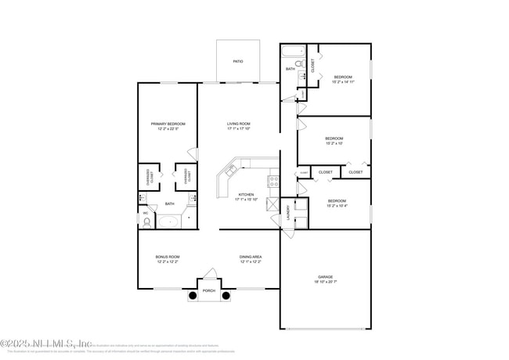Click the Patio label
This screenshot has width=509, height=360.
[x=237, y=61]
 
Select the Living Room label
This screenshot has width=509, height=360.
[x=239, y=124]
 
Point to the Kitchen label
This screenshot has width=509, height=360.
[x=246, y=194]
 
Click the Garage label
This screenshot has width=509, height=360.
[x=325, y=276]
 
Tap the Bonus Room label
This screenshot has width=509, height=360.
[x=168, y=257]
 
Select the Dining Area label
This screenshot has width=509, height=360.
[x=251, y=257]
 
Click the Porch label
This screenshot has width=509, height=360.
[x=209, y=290]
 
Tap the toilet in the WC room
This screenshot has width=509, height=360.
[x=146, y=222]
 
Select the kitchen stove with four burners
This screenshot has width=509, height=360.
[x=273, y=181]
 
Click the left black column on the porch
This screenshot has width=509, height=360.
[x=192, y=296]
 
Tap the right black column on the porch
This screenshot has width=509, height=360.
[x=226, y=296]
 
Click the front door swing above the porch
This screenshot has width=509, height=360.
[x=210, y=273]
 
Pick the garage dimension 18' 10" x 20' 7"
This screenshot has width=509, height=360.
[x=325, y=282]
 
